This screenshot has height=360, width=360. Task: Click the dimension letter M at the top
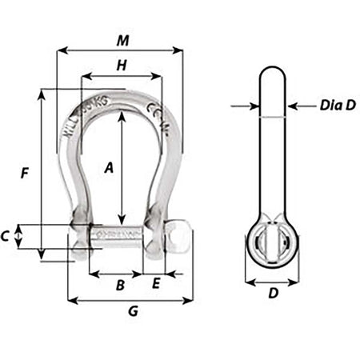120,39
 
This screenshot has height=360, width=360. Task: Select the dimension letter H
122,67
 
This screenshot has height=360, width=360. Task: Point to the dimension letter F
25,172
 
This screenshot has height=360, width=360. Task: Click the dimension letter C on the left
7,236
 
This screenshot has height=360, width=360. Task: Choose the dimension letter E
156,285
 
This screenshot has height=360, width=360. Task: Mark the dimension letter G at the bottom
133,313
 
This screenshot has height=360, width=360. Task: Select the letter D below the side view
273,294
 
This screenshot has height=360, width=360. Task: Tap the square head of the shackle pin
178,236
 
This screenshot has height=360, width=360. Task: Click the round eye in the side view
273,242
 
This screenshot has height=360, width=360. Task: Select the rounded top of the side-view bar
273,76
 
